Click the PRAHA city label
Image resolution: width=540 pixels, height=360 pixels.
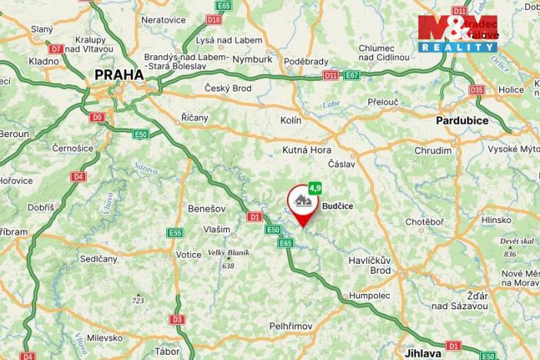(118, 75)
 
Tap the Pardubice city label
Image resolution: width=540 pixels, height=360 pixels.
(462, 121)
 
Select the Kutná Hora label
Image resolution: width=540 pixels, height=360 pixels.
(307, 150)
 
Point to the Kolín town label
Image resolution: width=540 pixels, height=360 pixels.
(291, 121)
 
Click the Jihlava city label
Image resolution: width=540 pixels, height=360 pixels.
(423, 353)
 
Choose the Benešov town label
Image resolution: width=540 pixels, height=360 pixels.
(205, 208)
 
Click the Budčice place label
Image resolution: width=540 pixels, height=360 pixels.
(338, 206)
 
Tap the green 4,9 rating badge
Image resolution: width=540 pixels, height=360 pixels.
(315, 187)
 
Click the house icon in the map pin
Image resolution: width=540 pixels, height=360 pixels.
(302, 202)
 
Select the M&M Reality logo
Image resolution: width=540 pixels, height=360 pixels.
(458, 33)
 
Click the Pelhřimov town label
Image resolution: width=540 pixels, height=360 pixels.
(291, 326)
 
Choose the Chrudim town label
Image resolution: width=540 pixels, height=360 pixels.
(433, 151)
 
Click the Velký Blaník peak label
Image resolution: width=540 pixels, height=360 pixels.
(226, 254)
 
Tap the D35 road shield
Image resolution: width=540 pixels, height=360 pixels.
(477, 90)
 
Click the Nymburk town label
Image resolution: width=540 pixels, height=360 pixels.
(252, 58)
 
